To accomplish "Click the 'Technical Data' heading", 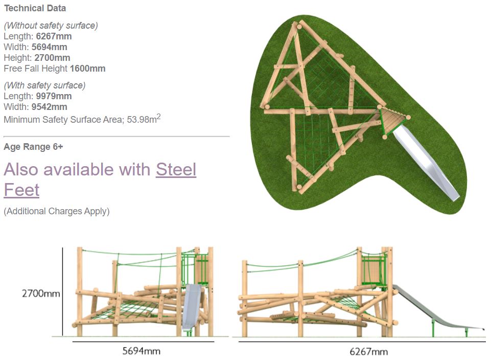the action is click(x=35, y=8).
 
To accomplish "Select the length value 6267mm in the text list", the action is click(x=54, y=36).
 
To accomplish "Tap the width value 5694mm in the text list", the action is click(x=50, y=47).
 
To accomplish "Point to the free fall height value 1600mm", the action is click(x=88, y=69).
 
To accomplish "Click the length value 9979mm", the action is click(x=54, y=96).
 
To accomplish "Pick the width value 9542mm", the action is click(x=50, y=107).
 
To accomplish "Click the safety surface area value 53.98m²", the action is click(x=144, y=119).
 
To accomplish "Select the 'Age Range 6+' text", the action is click(x=34, y=147).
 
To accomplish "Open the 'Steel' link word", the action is click(x=176, y=169).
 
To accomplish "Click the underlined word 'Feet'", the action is click(x=21, y=190).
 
